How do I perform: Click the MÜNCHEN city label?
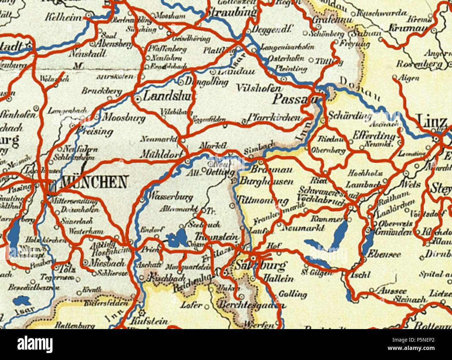[94, 182]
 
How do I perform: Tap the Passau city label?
[295, 99]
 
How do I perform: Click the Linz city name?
[433, 122]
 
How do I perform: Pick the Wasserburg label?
[170, 197]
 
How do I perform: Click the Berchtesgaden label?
[252, 305]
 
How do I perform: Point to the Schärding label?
[349, 115]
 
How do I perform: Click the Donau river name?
[358, 88]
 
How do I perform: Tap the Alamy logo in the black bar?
[35, 344]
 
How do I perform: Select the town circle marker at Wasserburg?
[142, 200]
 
